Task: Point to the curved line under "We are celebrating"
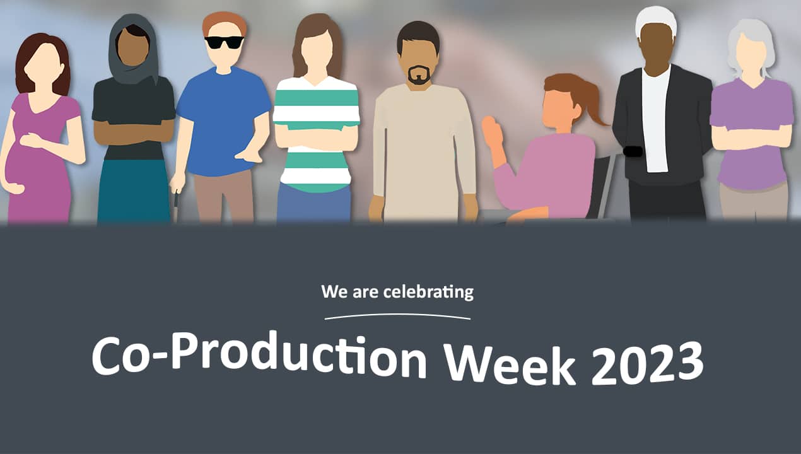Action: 397,315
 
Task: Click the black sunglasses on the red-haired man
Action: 224,42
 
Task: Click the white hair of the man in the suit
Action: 656,18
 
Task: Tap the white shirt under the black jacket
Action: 656,120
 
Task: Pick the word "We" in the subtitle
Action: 332,292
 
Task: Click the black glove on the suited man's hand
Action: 633,151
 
